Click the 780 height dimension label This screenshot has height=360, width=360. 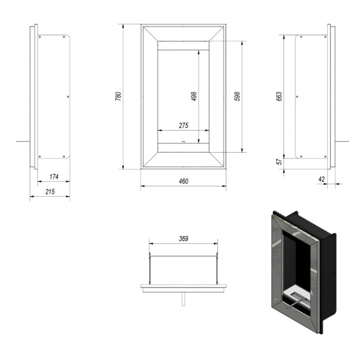coord(118,96)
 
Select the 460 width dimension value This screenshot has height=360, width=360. coord(184,181)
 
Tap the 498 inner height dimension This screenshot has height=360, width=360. coord(194,96)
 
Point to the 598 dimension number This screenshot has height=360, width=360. coord(237,96)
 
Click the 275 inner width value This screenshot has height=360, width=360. coord(184,126)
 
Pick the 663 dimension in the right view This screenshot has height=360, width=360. coord(279,97)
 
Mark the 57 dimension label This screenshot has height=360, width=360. coord(279,162)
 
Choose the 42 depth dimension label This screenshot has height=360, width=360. coord(322,179)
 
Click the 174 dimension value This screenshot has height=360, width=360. coord(54,176)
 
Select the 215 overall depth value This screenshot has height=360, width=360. coord(50,192)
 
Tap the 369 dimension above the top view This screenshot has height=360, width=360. coord(184,239)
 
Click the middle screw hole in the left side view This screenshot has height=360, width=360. coord(68,97)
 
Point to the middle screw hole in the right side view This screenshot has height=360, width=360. coord(297,97)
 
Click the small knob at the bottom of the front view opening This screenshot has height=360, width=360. coord(183,142)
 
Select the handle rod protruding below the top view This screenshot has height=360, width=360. coord(183,299)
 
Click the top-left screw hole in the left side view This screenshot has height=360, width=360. coord(40,37)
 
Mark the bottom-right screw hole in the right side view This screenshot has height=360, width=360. coord(325,157)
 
